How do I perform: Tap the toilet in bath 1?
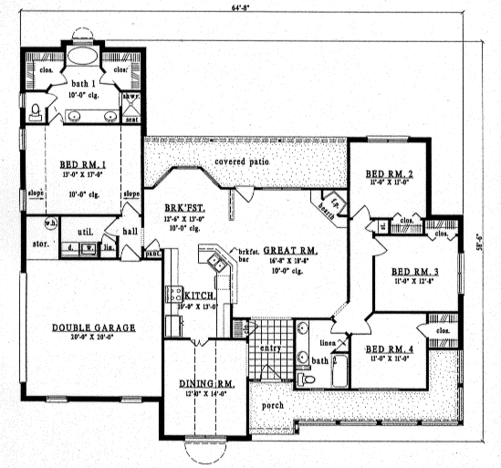(x=35, y=112)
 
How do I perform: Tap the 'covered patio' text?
(x=241, y=161)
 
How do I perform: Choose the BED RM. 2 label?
(x=391, y=173)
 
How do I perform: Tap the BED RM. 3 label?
(x=415, y=271)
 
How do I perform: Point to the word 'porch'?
(x=272, y=404)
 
